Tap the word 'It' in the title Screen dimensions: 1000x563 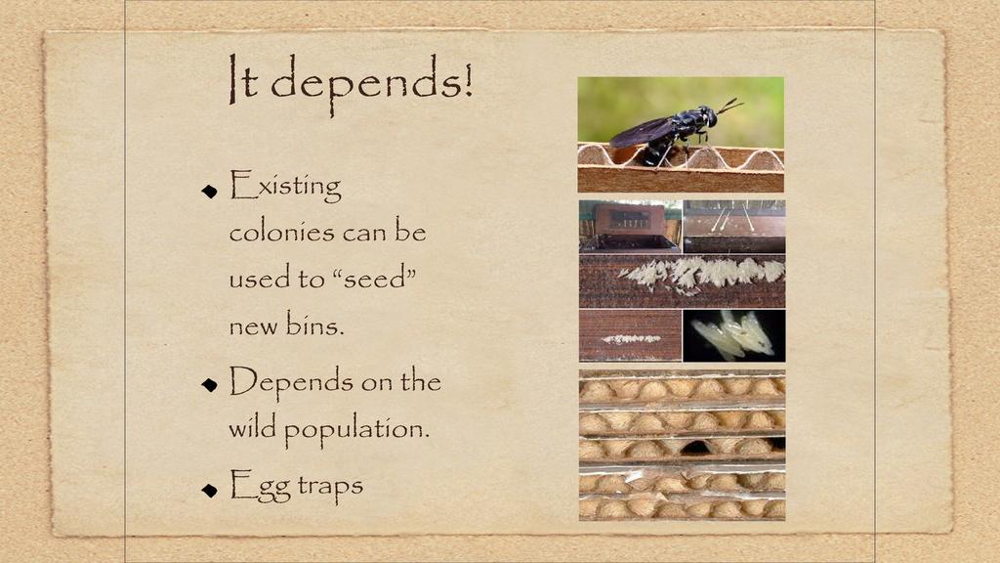tap(243, 79)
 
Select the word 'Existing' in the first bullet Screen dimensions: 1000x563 tap(286, 186)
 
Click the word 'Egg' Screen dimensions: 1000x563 tap(260, 487)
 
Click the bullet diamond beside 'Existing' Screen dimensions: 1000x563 tap(209, 191)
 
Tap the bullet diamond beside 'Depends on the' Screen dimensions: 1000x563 tap(209, 384)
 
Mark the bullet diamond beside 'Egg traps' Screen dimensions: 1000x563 tap(209, 490)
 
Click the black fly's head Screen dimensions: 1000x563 tap(707, 116)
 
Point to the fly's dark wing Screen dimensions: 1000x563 tap(641, 132)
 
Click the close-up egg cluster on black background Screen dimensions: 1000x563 tap(734, 334)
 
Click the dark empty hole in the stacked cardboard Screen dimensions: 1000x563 tap(694, 447)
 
